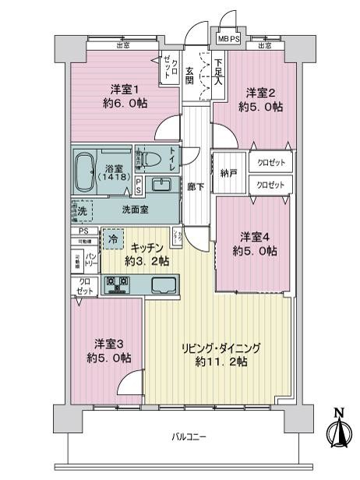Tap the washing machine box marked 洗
(82, 210)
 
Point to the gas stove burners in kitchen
(115, 286)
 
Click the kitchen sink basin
(164, 284)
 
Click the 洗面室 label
(134, 209)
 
